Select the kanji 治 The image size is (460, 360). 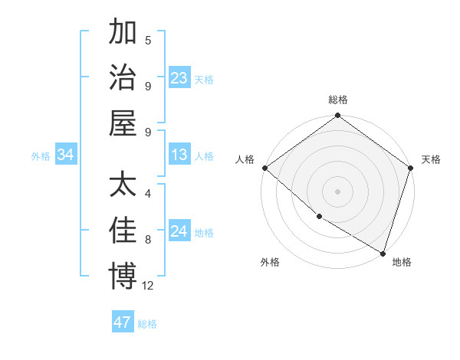[x=123, y=77]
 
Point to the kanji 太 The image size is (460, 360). [x=123, y=185]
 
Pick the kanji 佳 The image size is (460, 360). [x=123, y=230]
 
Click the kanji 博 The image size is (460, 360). [x=123, y=275]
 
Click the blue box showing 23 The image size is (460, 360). [x=179, y=78]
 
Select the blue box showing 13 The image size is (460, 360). [x=179, y=155]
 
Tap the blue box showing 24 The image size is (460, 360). [x=179, y=232]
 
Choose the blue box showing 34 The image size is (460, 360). [x=66, y=155]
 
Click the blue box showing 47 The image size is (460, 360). [x=123, y=322]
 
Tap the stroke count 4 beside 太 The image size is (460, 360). [x=148, y=194]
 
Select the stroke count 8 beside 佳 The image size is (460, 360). [x=148, y=239]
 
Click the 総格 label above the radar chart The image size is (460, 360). [x=338, y=100]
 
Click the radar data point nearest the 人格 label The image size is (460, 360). [x=264, y=168]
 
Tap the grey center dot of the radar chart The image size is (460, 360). [x=338, y=191]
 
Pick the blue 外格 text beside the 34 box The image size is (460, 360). [x=41, y=156]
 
